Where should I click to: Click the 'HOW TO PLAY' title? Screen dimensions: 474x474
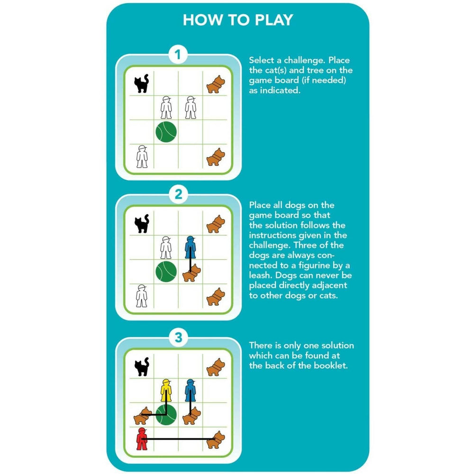(x=238, y=20)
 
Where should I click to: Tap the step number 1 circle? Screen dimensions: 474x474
(x=178, y=55)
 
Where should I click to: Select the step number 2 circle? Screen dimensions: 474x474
(x=178, y=194)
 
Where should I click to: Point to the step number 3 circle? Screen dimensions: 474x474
(x=178, y=337)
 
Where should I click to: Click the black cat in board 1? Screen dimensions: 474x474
(x=141, y=83)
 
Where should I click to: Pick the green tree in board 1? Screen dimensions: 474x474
(x=166, y=132)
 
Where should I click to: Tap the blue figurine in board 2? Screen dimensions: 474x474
(x=190, y=247)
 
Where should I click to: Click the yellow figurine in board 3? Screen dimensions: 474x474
(x=166, y=390)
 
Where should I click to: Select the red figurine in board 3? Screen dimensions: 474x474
(x=141, y=439)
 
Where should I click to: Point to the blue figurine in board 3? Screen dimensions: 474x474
(x=190, y=390)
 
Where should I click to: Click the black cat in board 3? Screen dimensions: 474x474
(x=142, y=366)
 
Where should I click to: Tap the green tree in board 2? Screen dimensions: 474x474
(x=166, y=272)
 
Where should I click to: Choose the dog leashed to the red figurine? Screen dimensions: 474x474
(x=216, y=440)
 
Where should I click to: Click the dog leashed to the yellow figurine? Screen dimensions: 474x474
(x=143, y=416)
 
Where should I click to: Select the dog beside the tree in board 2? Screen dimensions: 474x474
(x=191, y=273)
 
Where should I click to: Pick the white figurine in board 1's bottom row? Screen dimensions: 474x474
(x=142, y=156)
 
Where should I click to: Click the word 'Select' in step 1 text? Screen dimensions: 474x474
(x=262, y=60)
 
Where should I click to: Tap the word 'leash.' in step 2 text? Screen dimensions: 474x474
(x=261, y=275)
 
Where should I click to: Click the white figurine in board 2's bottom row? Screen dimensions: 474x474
(x=141, y=296)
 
